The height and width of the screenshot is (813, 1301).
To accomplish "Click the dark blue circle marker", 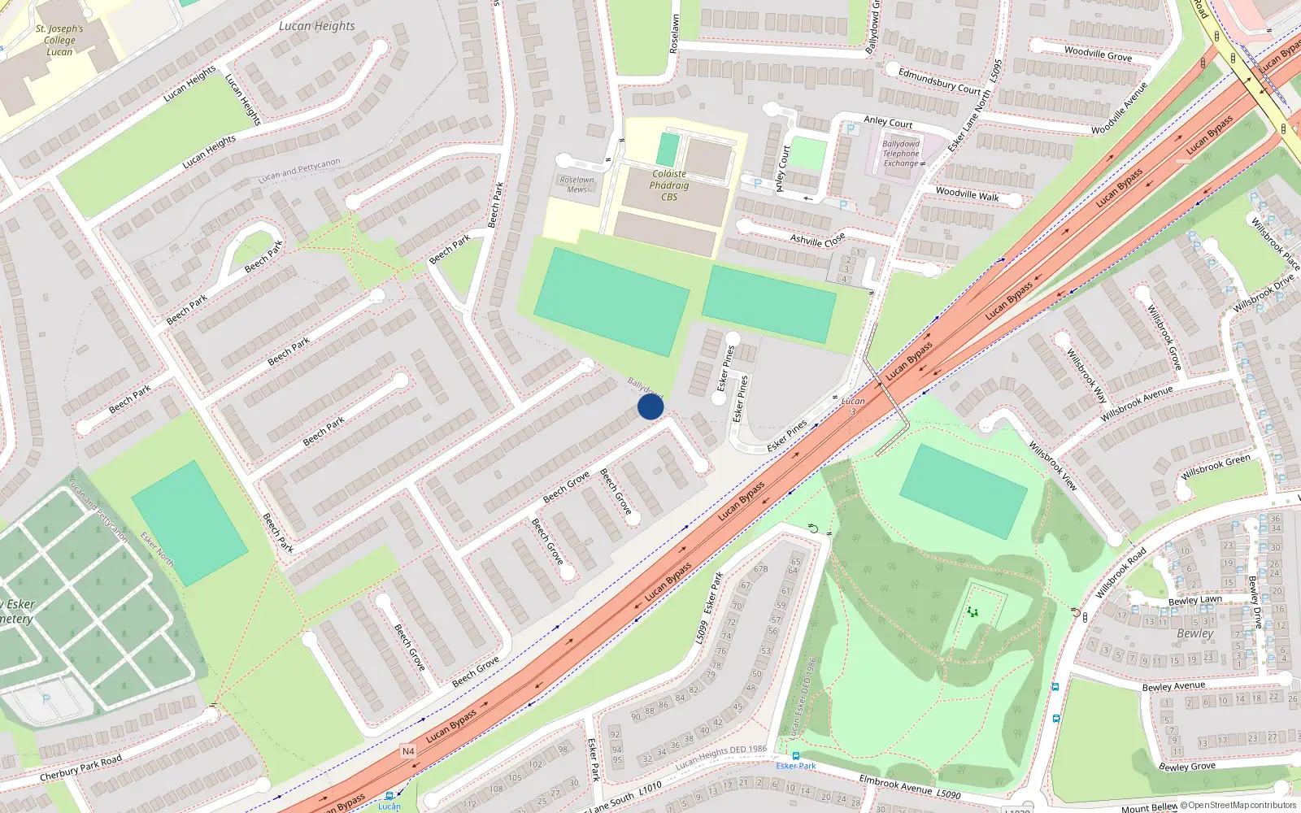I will (x=650, y=406).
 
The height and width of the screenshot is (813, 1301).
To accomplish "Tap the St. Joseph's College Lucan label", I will (x=59, y=40).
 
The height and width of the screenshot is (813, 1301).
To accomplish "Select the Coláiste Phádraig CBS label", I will (x=669, y=185).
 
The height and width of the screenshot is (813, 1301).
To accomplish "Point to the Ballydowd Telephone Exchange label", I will (x=901, y=154).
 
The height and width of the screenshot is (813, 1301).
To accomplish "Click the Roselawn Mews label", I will (x=577, y=185).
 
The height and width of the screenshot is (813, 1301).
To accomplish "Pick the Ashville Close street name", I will (x=817, y=240).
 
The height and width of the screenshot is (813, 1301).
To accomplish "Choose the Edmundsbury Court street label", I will (x=939, y=81).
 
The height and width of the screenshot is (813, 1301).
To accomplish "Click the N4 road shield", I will (x=408, y=751).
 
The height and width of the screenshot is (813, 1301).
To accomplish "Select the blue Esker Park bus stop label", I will (x=796, y=766).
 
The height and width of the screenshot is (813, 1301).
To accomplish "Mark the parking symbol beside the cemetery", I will (x=46, y=699).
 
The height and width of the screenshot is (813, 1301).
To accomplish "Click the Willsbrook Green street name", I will (x=1216, y=467).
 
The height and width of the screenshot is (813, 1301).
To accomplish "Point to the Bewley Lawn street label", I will (x=1194, y=600).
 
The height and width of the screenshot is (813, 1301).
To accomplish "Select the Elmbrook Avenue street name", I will (x=896, y=784).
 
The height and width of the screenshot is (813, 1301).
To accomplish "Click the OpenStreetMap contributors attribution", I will (x=1238, y=806).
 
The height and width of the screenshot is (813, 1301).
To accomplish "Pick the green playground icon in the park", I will (x=972, y=612).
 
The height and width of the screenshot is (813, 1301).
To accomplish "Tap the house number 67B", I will (x=760, y=569).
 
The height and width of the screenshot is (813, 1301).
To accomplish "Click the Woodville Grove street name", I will (x=1098, y=54).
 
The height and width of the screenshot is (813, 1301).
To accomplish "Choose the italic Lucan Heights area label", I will (x=316, y=26).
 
